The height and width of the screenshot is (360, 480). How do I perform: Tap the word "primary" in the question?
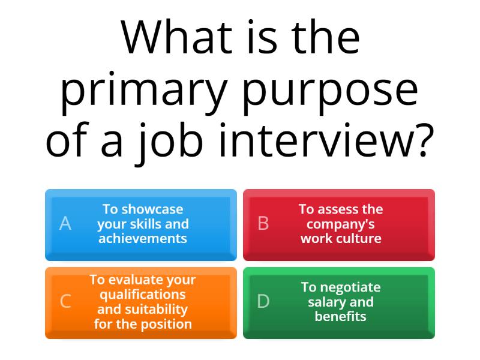pos(144,90)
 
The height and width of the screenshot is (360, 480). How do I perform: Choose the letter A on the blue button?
pos(65,224)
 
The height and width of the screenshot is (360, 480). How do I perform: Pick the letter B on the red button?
pos(263,224)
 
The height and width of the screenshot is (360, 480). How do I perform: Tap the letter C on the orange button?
pos(65,302)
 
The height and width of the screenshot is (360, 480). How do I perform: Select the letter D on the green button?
pos(263,302)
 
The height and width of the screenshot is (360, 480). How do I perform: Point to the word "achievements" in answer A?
pos(143,238)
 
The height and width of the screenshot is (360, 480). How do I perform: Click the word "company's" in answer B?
pos(341,224)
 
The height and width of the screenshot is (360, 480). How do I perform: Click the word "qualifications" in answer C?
pos(143,295)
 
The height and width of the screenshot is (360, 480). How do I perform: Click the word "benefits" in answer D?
pos(341,316)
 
